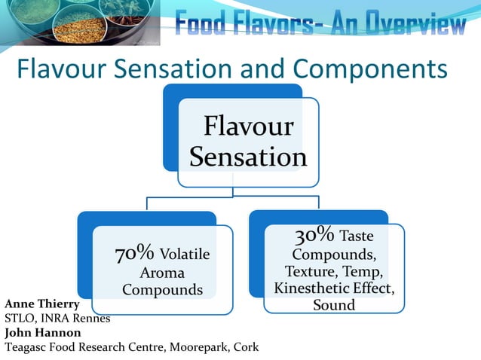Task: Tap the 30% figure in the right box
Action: (x=309, y=234)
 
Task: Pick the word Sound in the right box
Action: (x=334, y=305)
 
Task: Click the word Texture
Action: (x=308, y=271)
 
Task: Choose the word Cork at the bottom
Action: (x=245, y=347)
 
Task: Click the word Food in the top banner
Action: (x=200, y=26)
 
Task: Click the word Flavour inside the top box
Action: (x=248, y=126)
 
